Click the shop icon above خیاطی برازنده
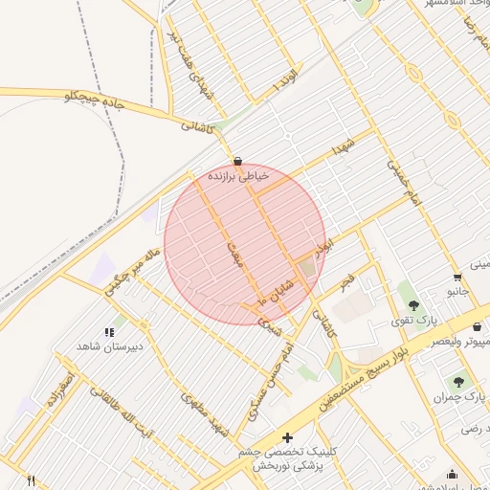pyautogui.click(x=237, y=161)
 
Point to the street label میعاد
pyautogui.click(x=234, y=251)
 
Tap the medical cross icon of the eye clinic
pyautogui.click(x=287, y=437)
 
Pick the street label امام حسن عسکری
pyautogui.click(x=266, y=385)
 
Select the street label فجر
pyautogui.click(x=346, y=282)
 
